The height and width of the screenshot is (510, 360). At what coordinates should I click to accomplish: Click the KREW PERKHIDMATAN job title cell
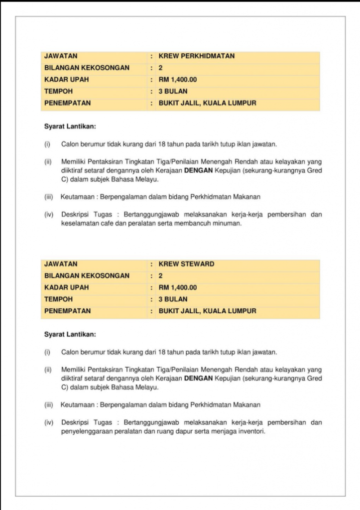pyautogui.click(x=196, y=56)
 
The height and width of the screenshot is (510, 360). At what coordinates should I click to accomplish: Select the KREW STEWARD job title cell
pyautogui.click(x=186, y=264)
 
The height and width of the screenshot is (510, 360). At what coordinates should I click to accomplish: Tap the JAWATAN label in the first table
pyautogui.click(x=61, y=56)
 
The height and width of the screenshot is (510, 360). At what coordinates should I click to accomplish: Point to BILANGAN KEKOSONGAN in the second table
pyautogui.click(x=87, y=275)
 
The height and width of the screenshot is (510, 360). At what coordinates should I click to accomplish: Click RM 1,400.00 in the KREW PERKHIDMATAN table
pyautogui.click(x=178, y=80)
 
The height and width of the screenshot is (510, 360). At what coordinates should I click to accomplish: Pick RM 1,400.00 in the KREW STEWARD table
pyautogui.click(x=178, y=287)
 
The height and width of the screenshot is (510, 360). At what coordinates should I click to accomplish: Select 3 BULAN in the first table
pyautogui.click(x=173, y=92)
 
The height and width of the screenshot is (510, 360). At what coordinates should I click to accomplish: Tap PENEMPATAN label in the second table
pyautogui.click(x=68, y=311)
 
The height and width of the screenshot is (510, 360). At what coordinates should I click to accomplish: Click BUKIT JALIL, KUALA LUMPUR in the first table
pyautogui.click(x=207, y=104)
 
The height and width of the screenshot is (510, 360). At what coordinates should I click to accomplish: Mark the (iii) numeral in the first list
pyautogui.click(x=48, y=197)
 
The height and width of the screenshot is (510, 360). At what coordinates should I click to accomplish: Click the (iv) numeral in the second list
pyautogui.click(x=48, y=422)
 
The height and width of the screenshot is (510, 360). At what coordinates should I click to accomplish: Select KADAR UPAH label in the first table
pyautogui.click(x=63, y=80)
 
